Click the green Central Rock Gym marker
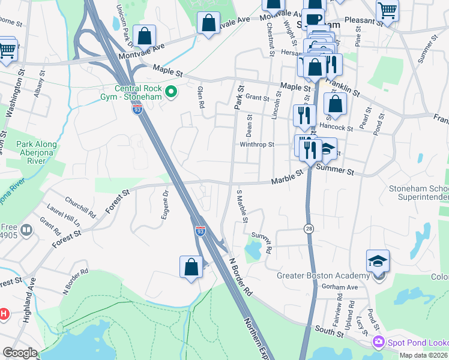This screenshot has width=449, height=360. point(171,92)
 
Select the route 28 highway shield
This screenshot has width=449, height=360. point(308,229)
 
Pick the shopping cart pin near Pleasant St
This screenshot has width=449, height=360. point(388,10)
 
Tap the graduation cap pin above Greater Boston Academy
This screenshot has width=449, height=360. point(378,260)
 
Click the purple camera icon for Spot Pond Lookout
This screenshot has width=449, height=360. point(378,342)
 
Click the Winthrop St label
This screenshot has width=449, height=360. point(257,145)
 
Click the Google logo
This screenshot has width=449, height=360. point(20,353)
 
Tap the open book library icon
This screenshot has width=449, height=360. point(26,230)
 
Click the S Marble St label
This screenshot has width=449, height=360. point(242,206)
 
